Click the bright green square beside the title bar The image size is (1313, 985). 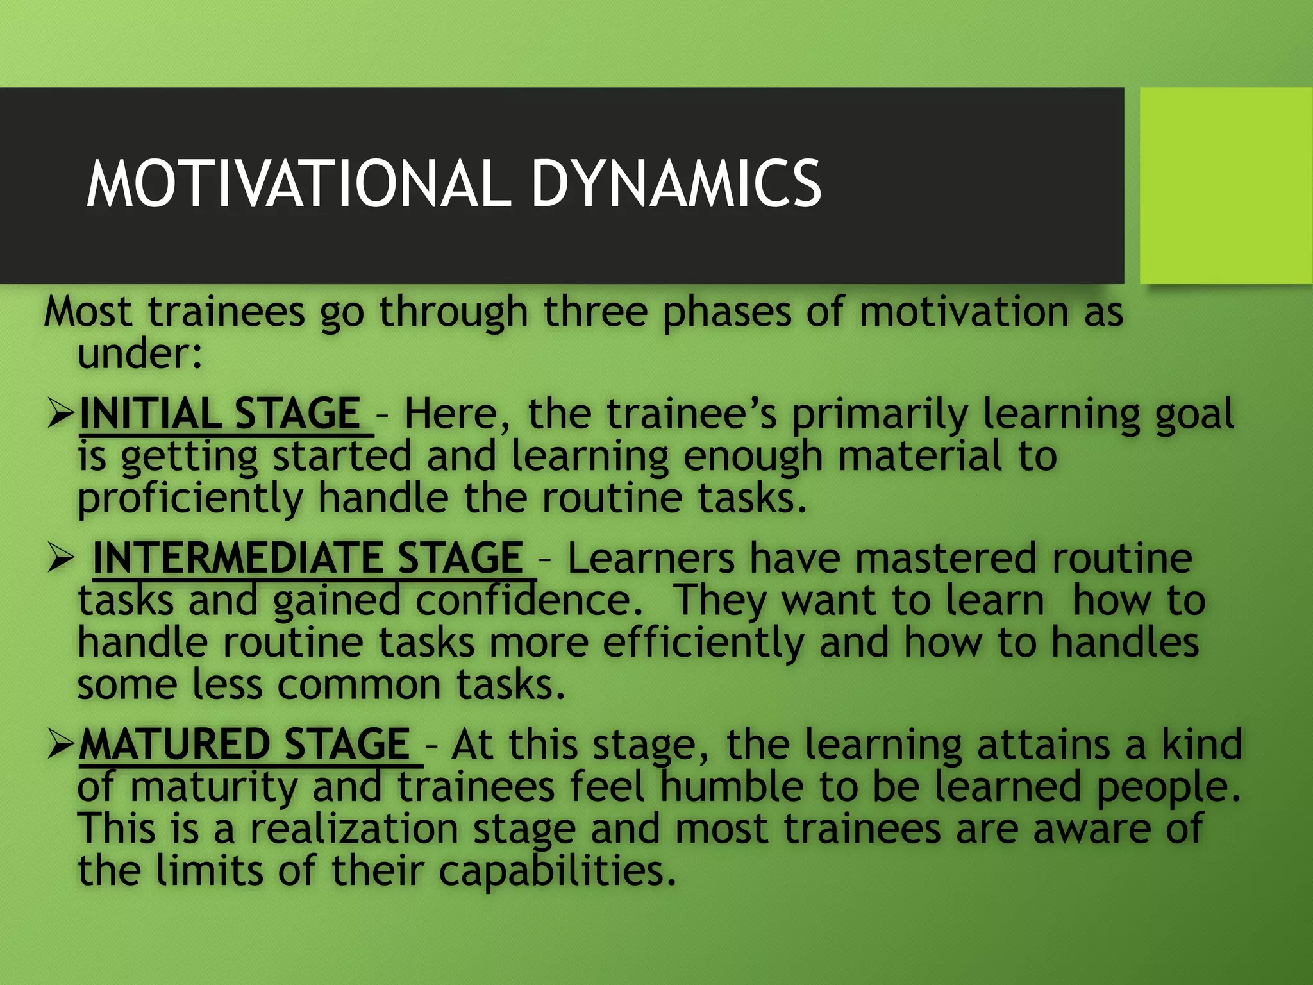pyautogui.click(x=1226, y=186)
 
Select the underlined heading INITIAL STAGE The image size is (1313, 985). pyautogui.click(x=220, y=414)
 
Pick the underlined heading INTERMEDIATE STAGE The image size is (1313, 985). pyautogui.click(x=308, y=558)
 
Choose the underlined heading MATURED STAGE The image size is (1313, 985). pyautogui.click(x=244, y=745)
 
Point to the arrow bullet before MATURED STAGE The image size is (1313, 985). pyautogui.click(x=62, y=746)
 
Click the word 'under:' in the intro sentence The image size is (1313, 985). pyautogui.click(x=140, y=354)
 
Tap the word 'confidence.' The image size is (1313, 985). pyautogui.click(x=529, y=601)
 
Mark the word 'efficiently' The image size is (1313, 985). pyautogui.click(x=703, y=643)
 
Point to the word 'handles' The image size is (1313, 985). pyautogui.click(x=1125, y=643)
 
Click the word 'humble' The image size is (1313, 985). pyautogui.click(x=732, y=787)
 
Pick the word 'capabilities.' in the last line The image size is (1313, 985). pyautogui.click(x=557, y=871)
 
